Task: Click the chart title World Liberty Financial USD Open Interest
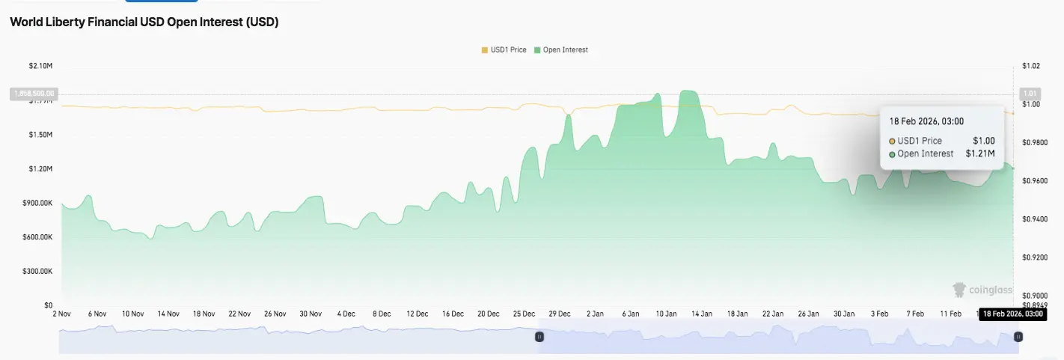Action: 144,22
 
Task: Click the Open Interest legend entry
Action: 560,50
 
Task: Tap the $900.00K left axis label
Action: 37,203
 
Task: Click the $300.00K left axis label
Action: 37,272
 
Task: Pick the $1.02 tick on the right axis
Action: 1030,66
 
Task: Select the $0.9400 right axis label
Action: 1034,219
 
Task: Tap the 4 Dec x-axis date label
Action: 346,314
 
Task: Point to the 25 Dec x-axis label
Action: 524,314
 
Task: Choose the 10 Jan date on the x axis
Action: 666,314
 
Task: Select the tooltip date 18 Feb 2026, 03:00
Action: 926,121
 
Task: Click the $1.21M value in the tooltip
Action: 980,154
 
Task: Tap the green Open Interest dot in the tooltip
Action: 892,154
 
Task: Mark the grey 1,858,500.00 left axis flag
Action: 33,94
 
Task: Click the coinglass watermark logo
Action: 982,290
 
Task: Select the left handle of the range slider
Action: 538,338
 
